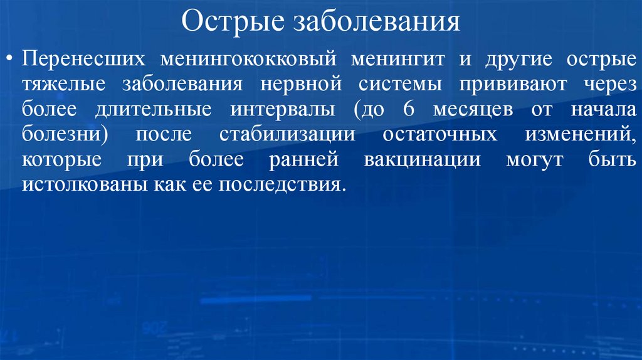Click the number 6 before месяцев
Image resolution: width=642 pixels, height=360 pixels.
click(409, 109)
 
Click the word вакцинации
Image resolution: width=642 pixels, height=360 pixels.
click(421, 159)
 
